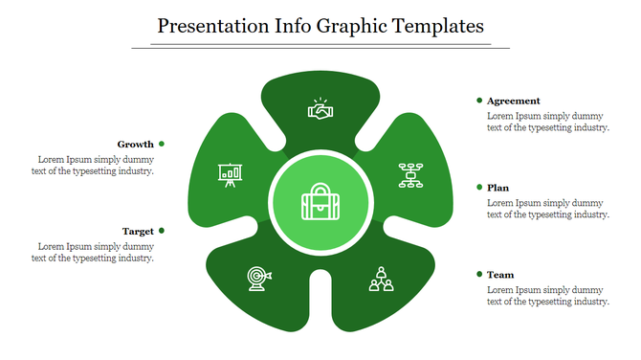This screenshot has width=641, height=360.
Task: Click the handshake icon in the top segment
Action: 320,111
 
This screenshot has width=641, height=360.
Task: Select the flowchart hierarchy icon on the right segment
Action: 411,175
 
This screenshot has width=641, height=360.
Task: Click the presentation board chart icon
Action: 229,174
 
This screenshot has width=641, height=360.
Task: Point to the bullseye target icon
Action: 258,278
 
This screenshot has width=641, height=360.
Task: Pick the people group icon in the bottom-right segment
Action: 381,279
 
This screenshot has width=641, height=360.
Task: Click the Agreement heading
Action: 513,101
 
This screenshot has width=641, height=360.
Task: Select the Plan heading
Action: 497,188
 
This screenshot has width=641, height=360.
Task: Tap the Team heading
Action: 499,275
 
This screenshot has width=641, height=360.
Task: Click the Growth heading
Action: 136,144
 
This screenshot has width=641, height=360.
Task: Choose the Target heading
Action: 138,231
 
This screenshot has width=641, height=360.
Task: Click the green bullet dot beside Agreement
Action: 478,100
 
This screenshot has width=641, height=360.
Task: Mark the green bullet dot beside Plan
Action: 478,188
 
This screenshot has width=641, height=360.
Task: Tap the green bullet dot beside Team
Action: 478,275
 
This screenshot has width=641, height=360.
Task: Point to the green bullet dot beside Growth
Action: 162,144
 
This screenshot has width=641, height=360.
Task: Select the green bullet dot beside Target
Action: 162,231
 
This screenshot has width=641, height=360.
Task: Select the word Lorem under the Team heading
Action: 500,289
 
